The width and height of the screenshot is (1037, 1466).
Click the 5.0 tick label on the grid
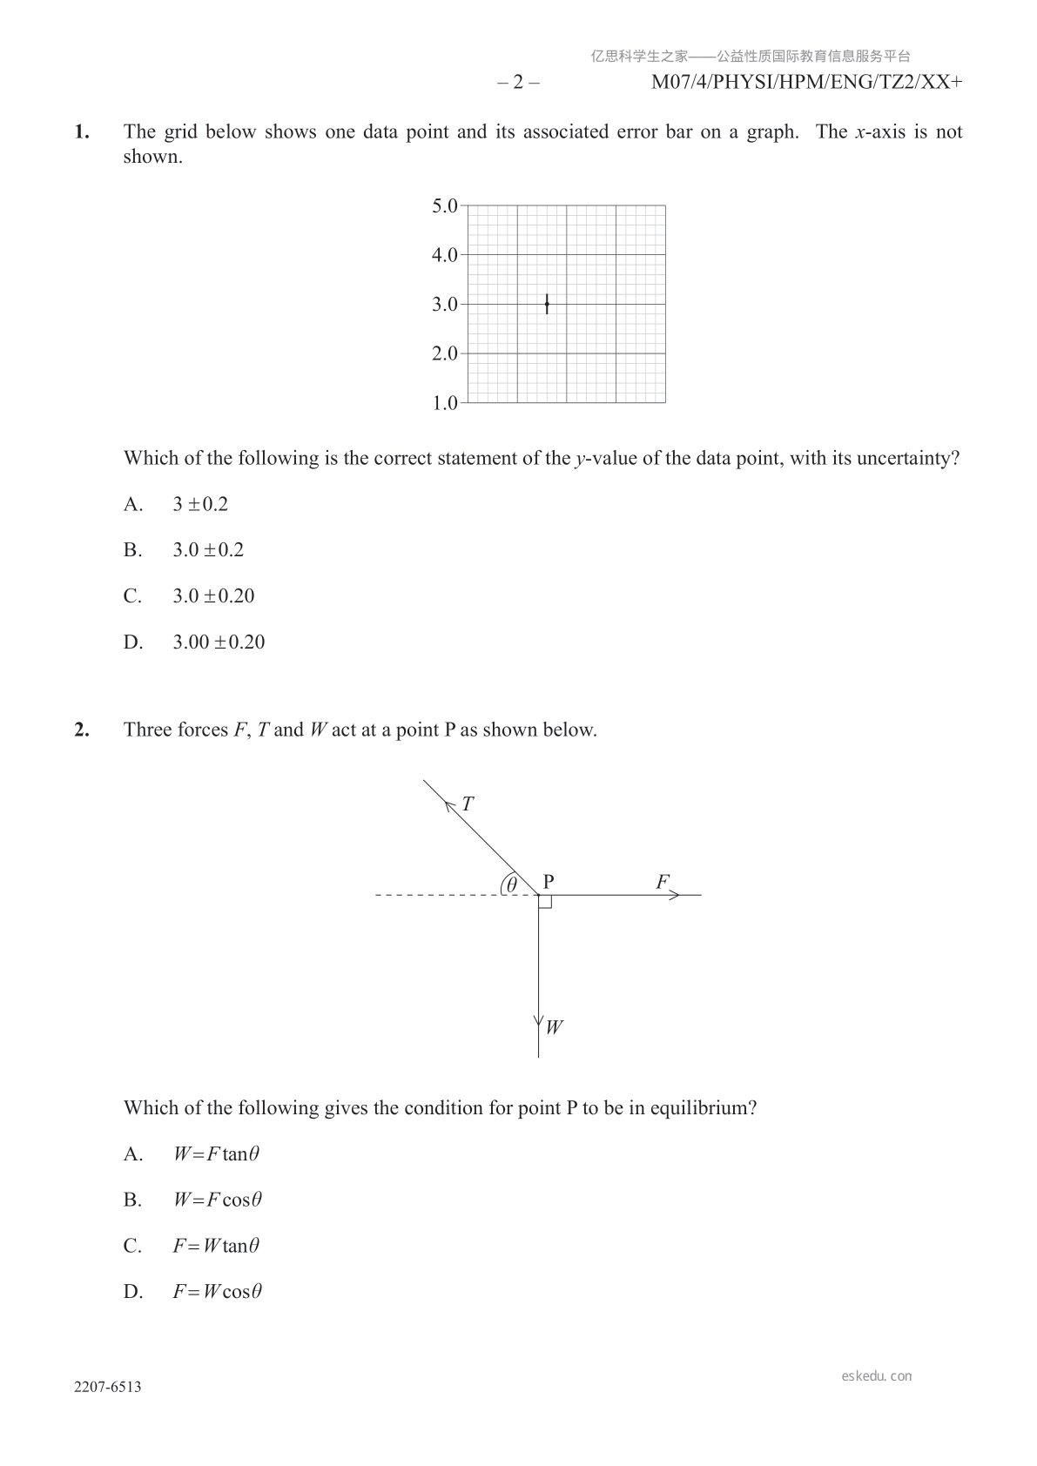444,206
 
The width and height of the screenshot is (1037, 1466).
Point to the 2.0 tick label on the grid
444,353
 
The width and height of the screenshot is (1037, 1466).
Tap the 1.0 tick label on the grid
444,403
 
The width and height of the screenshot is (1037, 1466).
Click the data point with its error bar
547,304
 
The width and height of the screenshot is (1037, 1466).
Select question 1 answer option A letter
132,504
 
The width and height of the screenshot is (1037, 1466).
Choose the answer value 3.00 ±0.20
219,642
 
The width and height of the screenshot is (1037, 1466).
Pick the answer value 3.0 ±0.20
213,596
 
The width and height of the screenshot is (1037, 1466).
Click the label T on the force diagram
468,804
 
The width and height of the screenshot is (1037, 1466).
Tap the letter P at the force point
549,881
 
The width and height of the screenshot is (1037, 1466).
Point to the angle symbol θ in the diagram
512,884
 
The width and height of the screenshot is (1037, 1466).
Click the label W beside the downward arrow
554,1027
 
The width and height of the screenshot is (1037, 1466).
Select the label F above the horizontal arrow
663,882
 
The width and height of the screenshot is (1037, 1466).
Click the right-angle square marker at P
545,901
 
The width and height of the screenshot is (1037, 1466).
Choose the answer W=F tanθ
216,1154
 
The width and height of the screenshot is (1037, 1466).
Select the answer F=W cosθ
217,1292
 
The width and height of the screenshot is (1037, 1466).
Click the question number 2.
82,730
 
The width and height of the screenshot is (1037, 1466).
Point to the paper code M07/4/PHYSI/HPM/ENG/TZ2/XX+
806,83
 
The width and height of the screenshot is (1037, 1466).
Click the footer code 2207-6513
108,1387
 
